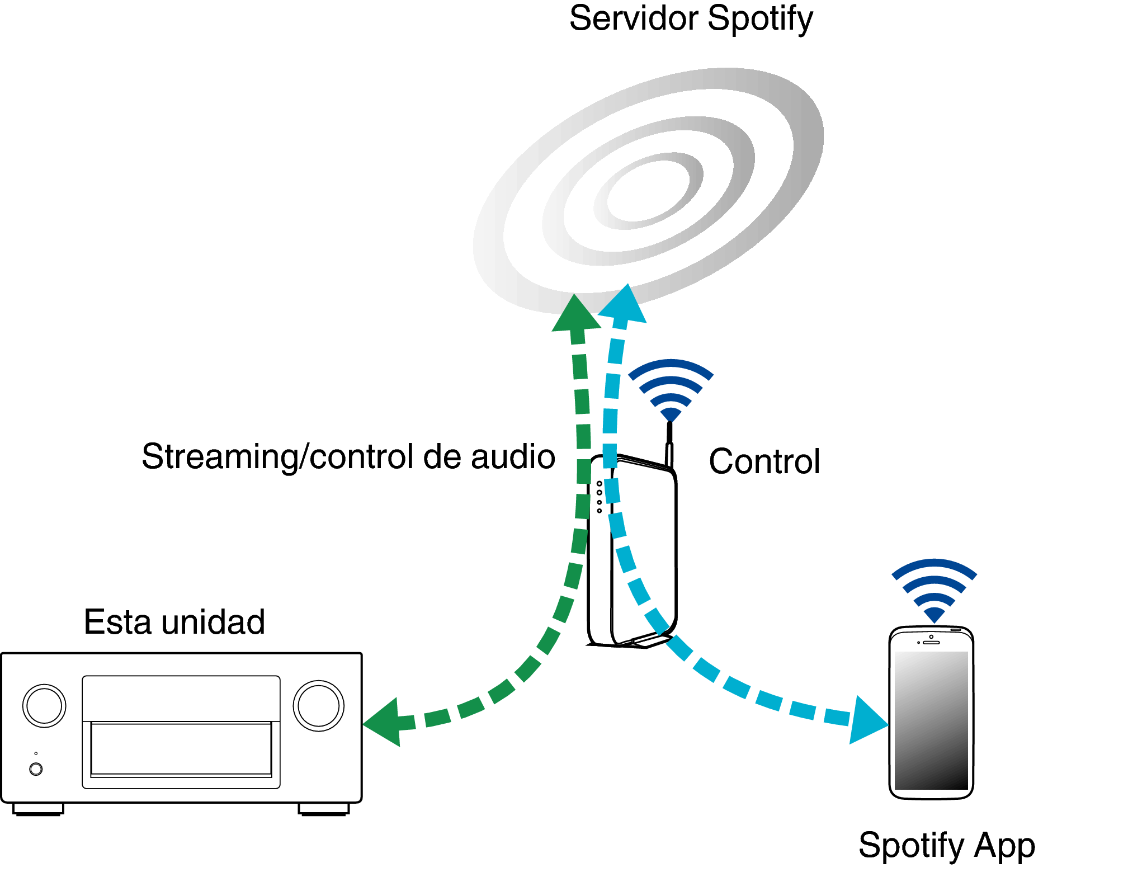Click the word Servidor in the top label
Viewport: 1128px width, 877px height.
click(x=634, y=18)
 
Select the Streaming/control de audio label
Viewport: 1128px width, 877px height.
click(x=348, y=457)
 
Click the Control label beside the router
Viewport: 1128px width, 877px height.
click(x=764, y=461)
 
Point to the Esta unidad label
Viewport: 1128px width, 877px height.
click(x=174, y=622)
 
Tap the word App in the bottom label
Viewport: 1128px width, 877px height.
click(x=1004, y=846)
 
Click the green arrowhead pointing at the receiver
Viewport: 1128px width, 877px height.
click(x=382, y=723)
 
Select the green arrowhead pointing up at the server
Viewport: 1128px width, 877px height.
click(x=575, y=314)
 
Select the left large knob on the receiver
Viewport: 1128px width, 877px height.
click(x=44, y=706)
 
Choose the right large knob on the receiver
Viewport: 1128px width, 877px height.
click(x=319, y=706)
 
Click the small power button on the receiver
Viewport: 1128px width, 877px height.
click(x=36, y=769)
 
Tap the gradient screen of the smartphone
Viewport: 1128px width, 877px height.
click(x=931, y=720)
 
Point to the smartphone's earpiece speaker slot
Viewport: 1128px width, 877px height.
click(x=931, y=643)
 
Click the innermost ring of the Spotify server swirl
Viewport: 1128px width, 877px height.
click(x=648, y=191)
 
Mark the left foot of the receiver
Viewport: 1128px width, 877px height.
click(x=38, y=809)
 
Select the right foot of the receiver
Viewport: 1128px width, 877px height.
click(x=324, y=809)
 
